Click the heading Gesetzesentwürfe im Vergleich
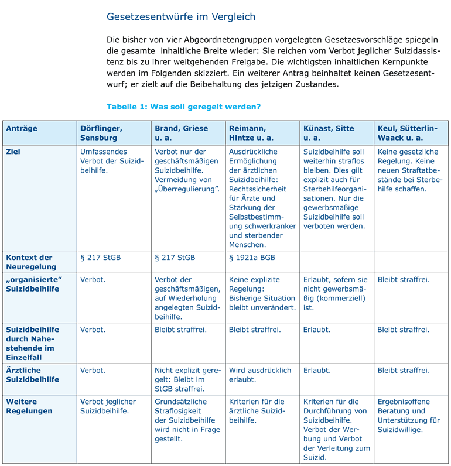[181, 17]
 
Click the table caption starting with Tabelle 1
[183, 107]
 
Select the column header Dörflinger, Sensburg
[101, 133]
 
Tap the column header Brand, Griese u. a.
[181, 133]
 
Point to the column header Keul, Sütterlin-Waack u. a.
[408, 133]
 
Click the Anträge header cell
[22, 128]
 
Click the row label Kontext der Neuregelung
[29, 262]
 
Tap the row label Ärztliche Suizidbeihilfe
[33, 375]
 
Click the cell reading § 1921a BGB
[252, 258]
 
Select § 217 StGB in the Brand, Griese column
[175, 258]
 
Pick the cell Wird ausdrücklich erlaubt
[259, 375]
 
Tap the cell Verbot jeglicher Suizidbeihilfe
[108, 406]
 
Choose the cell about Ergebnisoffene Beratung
[408, 416]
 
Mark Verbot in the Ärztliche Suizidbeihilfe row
[93, 371]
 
